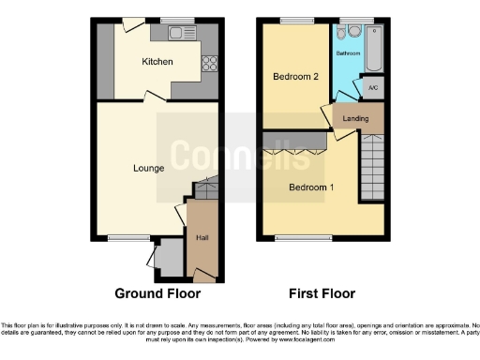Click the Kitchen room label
pyautogui.click(x=157, y=63)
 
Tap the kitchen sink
pyautogui.click(x=176, y=34)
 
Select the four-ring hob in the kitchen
pyautogui.click(x=209, y=64)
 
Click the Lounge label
pyautogui.click(x=149, y=169)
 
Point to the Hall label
pyautogui.click(x=202, y=238)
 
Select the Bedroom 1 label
pyautogui.click(x=311, y=187)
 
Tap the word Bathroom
pyautogui.click(x=348, y=52)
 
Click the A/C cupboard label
pyautogui.click(x=372, y=88)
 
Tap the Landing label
pyautogui.click(x=356, y=118)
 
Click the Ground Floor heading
pyautogui.click(x=157, y=293)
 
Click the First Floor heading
pyautogui.click(x=322, y=293)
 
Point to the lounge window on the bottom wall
pyautogui.click(x=122, y=238)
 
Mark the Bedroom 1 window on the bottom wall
pyautogui.click(x=296, y=238)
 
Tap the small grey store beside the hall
pyautogui.click(x=170, y=256)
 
